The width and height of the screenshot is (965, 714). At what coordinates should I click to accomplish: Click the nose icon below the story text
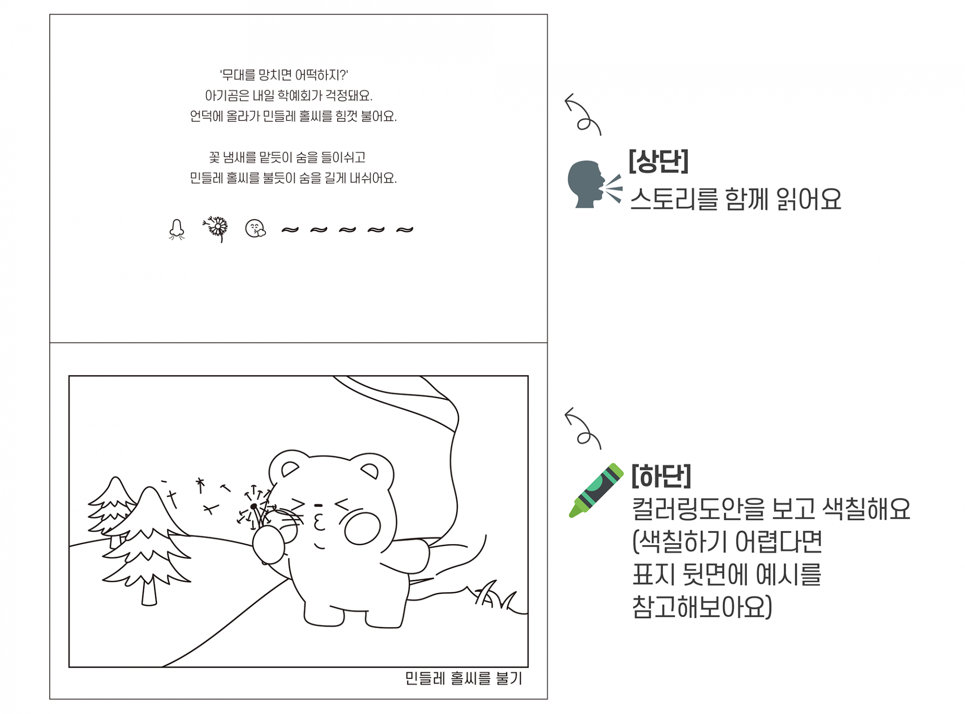(x=176, y=230)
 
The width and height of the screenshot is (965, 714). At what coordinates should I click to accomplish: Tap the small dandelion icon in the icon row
(x=216, y=229)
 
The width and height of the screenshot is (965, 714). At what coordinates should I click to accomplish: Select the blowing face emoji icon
(x=255, y=229)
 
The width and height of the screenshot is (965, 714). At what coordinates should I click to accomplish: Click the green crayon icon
(x=596, y=490)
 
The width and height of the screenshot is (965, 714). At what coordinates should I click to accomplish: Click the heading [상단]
(x=658, y=161)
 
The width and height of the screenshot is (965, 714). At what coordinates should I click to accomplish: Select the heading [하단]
(x=661, y=476)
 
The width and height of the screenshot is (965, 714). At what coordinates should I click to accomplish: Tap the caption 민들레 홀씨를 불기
(x=463, y=679)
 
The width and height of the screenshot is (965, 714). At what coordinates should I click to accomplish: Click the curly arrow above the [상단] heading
(x=583, y=115)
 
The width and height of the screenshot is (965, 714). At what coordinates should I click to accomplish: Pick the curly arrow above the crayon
(x=583, y=428)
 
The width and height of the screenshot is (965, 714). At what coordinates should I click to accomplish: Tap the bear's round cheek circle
(x=362, y=529)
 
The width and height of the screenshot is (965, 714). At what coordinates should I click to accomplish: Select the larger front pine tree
(x=147, y=546)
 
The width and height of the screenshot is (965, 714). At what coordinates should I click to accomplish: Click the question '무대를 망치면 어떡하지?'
(x=284, y=75)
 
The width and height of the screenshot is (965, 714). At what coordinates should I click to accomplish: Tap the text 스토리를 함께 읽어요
(x=736, y=199)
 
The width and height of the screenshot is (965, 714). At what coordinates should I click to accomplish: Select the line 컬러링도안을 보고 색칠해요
(x=771, y=508)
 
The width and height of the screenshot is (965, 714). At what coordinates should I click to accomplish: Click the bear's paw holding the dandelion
(x=269, y=545)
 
